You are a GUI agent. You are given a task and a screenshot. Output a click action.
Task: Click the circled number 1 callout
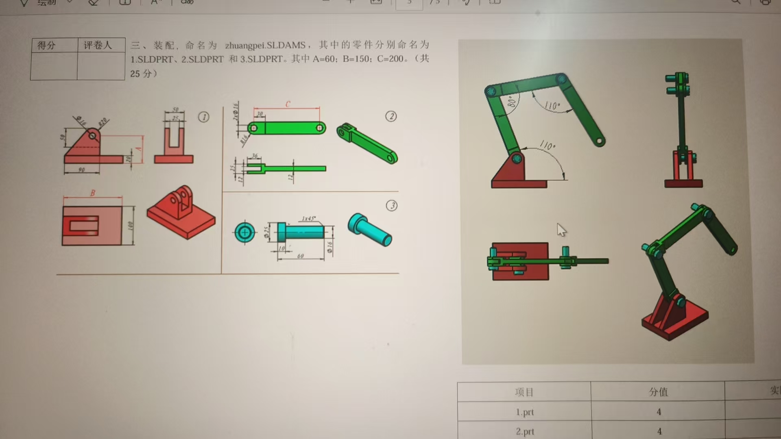(x=204, y=117)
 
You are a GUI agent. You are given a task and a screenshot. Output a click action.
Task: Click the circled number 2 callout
(x=391, y=117)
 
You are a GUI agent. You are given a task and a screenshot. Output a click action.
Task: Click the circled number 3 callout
(x=392, y=206)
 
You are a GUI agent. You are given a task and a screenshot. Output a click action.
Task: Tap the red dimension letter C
(x=288, y=104)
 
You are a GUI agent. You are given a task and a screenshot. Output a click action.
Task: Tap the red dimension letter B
(x=93, y=193)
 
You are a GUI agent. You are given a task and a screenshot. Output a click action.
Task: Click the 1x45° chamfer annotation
(x=308, y=219)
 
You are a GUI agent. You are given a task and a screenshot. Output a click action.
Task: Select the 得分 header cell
(x=46, y=45)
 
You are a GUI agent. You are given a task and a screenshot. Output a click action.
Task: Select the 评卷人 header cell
(x=98, y=45)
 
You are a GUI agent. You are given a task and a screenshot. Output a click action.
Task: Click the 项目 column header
(x=524, y=392)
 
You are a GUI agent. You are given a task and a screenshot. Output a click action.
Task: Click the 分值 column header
(x=658, y=392)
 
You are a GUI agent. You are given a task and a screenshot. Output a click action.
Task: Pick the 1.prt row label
(x=525, y=412)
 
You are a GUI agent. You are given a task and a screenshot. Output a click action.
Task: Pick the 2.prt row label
(x=525, y=431)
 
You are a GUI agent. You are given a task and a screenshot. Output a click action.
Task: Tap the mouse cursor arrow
(x=561, y=230)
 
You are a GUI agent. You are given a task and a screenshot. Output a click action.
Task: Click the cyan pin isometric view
(x=369, y=230)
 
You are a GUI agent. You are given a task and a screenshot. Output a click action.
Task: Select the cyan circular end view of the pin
(x=245, y=233)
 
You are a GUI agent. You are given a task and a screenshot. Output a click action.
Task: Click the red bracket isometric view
(x=181, y=212)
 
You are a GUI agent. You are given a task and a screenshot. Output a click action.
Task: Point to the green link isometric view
(x=367, y=143)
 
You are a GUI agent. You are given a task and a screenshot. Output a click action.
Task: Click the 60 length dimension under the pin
(x=300, y=256)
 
